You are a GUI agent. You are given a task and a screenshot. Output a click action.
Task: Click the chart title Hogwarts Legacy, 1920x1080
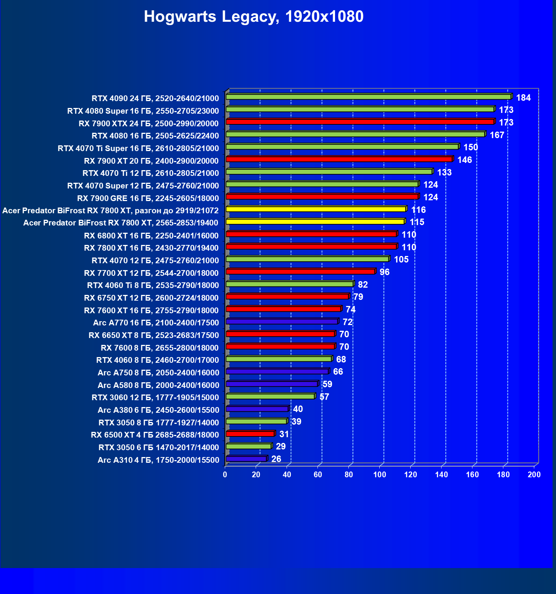tap(253, 17)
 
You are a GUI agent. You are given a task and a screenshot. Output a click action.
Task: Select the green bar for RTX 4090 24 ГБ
tap(368, 97)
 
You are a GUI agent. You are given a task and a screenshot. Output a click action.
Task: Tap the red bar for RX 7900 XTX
tap(360, 122)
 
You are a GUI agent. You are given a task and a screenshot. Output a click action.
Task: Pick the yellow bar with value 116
tap(316, 209)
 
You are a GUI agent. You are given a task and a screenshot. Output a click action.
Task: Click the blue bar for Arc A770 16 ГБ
tap(282, 322)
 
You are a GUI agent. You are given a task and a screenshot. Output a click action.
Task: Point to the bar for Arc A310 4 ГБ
tap(246, 459)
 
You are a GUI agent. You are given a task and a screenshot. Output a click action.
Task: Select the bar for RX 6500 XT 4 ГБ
tap(250, 434)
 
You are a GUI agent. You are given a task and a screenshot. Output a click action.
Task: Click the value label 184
tap(523, 98)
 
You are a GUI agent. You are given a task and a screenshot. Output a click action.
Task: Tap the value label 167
tap(497, 135)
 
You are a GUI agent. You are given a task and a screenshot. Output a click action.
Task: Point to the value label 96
tap(384, 272)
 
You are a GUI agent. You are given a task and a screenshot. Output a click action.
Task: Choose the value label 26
tap(276, 459)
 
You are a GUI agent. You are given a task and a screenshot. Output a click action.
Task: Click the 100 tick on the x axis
tap(380, 475)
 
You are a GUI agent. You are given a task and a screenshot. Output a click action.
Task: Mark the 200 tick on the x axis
tap(534, 475)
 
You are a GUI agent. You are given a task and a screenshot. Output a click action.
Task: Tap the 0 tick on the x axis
tap(225, 475)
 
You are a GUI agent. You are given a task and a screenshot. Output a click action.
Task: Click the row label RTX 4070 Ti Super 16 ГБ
tap(138, 148)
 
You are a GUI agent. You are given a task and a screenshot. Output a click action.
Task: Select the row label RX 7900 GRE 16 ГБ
tap(148, 198)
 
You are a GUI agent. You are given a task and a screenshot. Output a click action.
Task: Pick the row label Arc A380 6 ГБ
tap(158, 410)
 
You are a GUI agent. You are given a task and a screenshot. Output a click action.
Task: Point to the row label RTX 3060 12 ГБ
tap(155, 398)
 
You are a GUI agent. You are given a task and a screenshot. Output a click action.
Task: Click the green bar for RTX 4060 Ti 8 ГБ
tap(290, 284)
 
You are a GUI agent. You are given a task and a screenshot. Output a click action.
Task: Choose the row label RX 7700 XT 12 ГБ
tap(151, 273)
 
